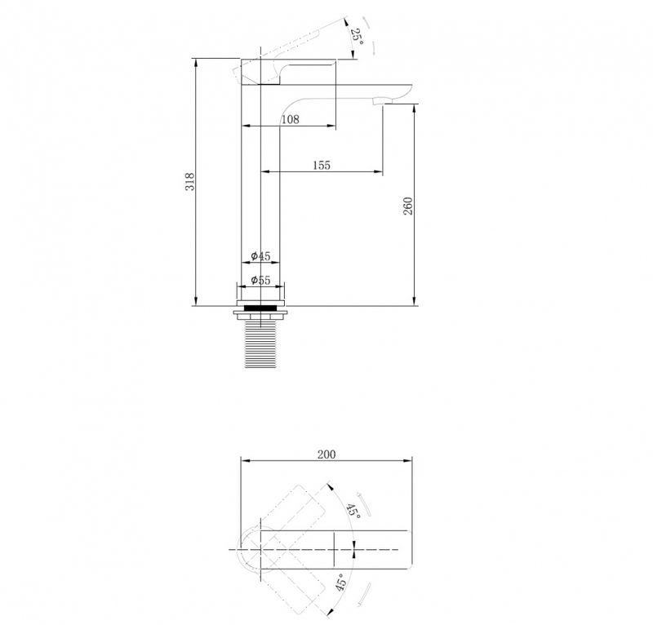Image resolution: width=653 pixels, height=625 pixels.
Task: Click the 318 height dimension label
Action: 189,182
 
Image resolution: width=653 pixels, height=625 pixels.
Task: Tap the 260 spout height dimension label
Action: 408,206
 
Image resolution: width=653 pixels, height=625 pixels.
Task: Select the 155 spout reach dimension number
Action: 322,166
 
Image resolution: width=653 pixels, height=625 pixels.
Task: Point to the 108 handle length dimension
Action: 291,119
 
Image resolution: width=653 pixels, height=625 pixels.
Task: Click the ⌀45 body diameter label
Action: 260,255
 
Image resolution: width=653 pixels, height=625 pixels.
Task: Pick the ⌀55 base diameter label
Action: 260,280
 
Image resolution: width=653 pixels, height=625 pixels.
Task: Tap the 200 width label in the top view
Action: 326,454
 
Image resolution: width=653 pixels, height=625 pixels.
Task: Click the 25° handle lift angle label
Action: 357,37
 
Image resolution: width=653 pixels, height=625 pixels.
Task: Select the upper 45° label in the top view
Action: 353,511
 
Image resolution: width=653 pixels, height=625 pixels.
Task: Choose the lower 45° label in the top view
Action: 340,582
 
